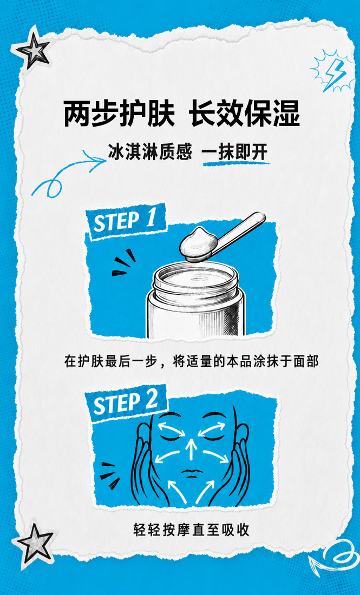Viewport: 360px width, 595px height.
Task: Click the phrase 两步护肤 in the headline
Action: coord(119,114)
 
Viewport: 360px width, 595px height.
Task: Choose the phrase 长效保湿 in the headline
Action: coord(245,114)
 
